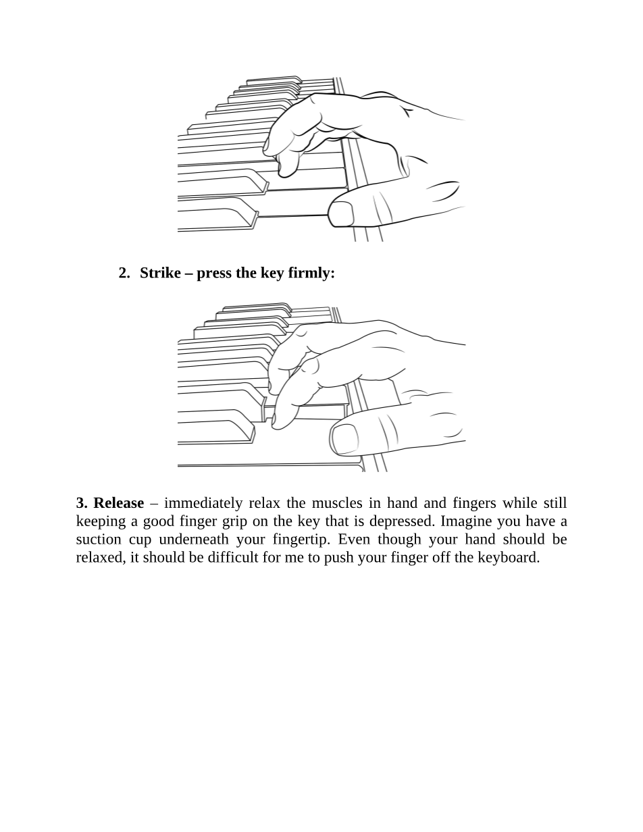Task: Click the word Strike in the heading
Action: (160, 273)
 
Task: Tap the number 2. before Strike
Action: (124, 273)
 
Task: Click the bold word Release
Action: (119, 502)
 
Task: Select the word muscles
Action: (337, 502)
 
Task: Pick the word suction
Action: (99, 540)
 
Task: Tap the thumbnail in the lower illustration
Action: (345, 440)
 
